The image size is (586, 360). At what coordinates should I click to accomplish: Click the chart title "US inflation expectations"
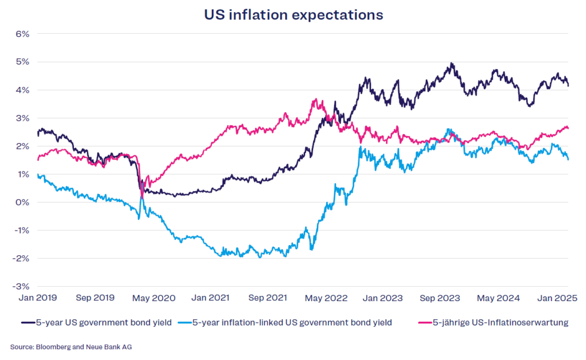coord(294,15)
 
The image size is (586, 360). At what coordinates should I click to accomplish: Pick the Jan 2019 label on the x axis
coord(38,298)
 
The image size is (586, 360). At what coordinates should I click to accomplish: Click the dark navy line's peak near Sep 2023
coord(452,64)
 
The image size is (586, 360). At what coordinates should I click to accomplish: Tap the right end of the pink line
coord(568,128)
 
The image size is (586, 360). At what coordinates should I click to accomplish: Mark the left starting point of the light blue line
coord(37,175)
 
